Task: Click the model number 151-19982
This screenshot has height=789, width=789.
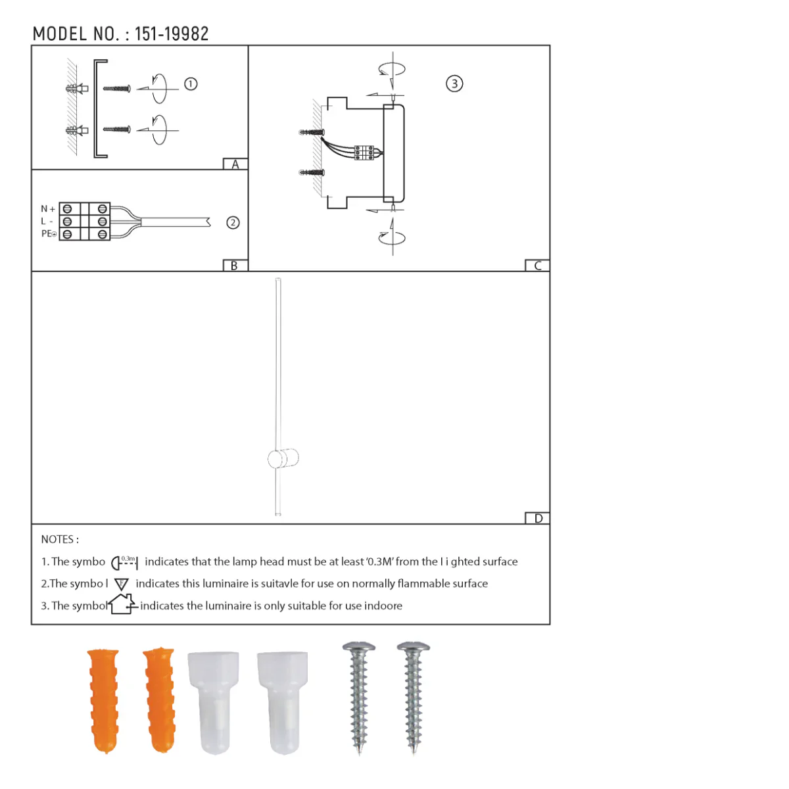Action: click(x=172, y=34)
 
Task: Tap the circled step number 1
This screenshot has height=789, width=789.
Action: click(x=191, y=84)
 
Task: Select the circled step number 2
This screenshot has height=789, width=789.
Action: click(x=233, y=222)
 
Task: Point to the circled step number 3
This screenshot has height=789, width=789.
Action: click(x=454, y=84)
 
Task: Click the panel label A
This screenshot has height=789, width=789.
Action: click(x=235, y=164)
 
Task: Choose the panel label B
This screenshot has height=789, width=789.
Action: click(x=234, y=266)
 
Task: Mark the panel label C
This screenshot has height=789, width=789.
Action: click(x=538, y=266)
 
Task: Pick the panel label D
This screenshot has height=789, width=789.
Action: click(x=538, y=518)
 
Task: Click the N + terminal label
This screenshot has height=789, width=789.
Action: click(x=48, y=209)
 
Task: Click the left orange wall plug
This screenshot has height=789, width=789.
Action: click(x=103, y=700)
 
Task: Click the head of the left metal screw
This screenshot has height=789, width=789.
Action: click(x=359, y=649)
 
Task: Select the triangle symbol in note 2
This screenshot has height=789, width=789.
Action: click(x=122, y=584)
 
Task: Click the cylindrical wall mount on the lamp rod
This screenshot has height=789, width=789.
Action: click(x=283, y=458)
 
